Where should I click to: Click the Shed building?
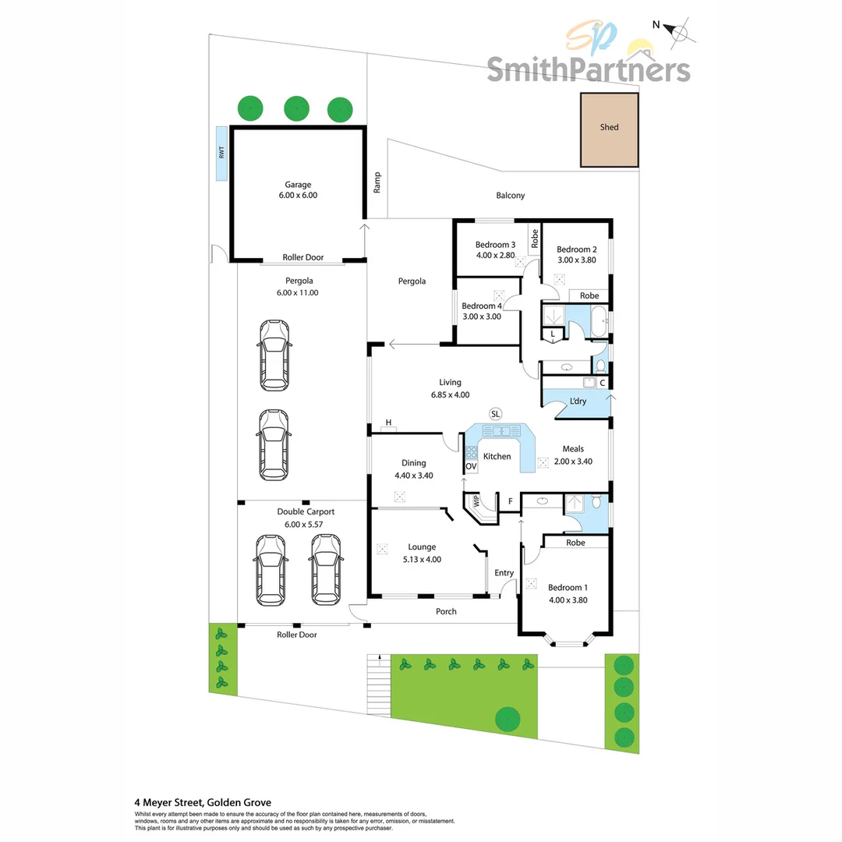pos(610,130)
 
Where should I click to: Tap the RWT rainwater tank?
pos(221,154)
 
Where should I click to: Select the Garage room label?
pos(298,184)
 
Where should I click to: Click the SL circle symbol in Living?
pos(495,414)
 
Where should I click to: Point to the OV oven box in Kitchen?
pos(471,466)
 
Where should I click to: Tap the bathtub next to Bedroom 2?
pos(600,320)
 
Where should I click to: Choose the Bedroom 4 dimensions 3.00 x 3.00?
pos(482,317)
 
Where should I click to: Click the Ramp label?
pos(377,182)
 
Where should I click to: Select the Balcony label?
pos(510,196)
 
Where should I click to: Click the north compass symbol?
pos(677,32)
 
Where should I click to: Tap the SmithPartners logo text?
pos(589,69)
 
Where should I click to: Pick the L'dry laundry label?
pos(578,402)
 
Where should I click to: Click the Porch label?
pos(446,611)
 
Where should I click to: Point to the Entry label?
pos(504,573)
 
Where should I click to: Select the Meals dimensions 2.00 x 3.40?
pos(573,462)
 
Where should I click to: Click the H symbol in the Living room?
pos(388,423)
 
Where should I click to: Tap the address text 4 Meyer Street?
pos(168,803)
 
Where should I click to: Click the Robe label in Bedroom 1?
pos(575,543)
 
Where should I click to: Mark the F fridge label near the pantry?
pos(510,501)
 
